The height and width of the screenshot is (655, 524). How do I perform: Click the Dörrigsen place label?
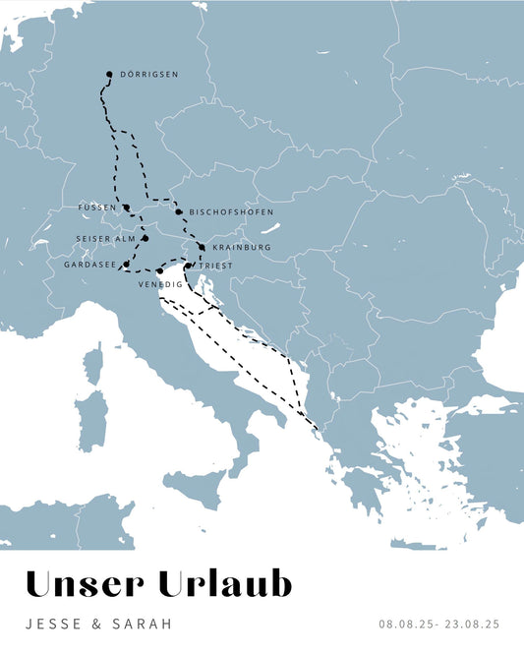click(148, 75)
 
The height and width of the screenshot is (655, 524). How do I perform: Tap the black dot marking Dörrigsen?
click(109, 74)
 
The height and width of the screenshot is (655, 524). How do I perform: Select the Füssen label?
click(97, 208)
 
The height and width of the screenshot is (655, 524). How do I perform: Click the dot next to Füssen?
click(127, 208)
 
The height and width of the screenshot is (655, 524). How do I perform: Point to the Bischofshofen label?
click(231, 212)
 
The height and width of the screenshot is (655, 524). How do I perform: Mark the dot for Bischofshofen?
click(179, 211)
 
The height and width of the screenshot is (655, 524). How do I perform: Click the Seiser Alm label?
click(105, 239)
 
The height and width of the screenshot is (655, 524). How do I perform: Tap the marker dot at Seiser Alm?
click(145, 238)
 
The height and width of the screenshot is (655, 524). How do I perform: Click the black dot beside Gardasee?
click(126, 265)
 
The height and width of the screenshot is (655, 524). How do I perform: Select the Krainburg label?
click(240, 248)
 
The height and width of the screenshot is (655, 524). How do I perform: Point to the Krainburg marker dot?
click(202, 247)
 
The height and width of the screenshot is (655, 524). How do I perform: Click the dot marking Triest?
click(188, 266)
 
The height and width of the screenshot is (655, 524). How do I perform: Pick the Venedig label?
click(160, 284)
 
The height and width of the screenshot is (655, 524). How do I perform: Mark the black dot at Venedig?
click(159, 271)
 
